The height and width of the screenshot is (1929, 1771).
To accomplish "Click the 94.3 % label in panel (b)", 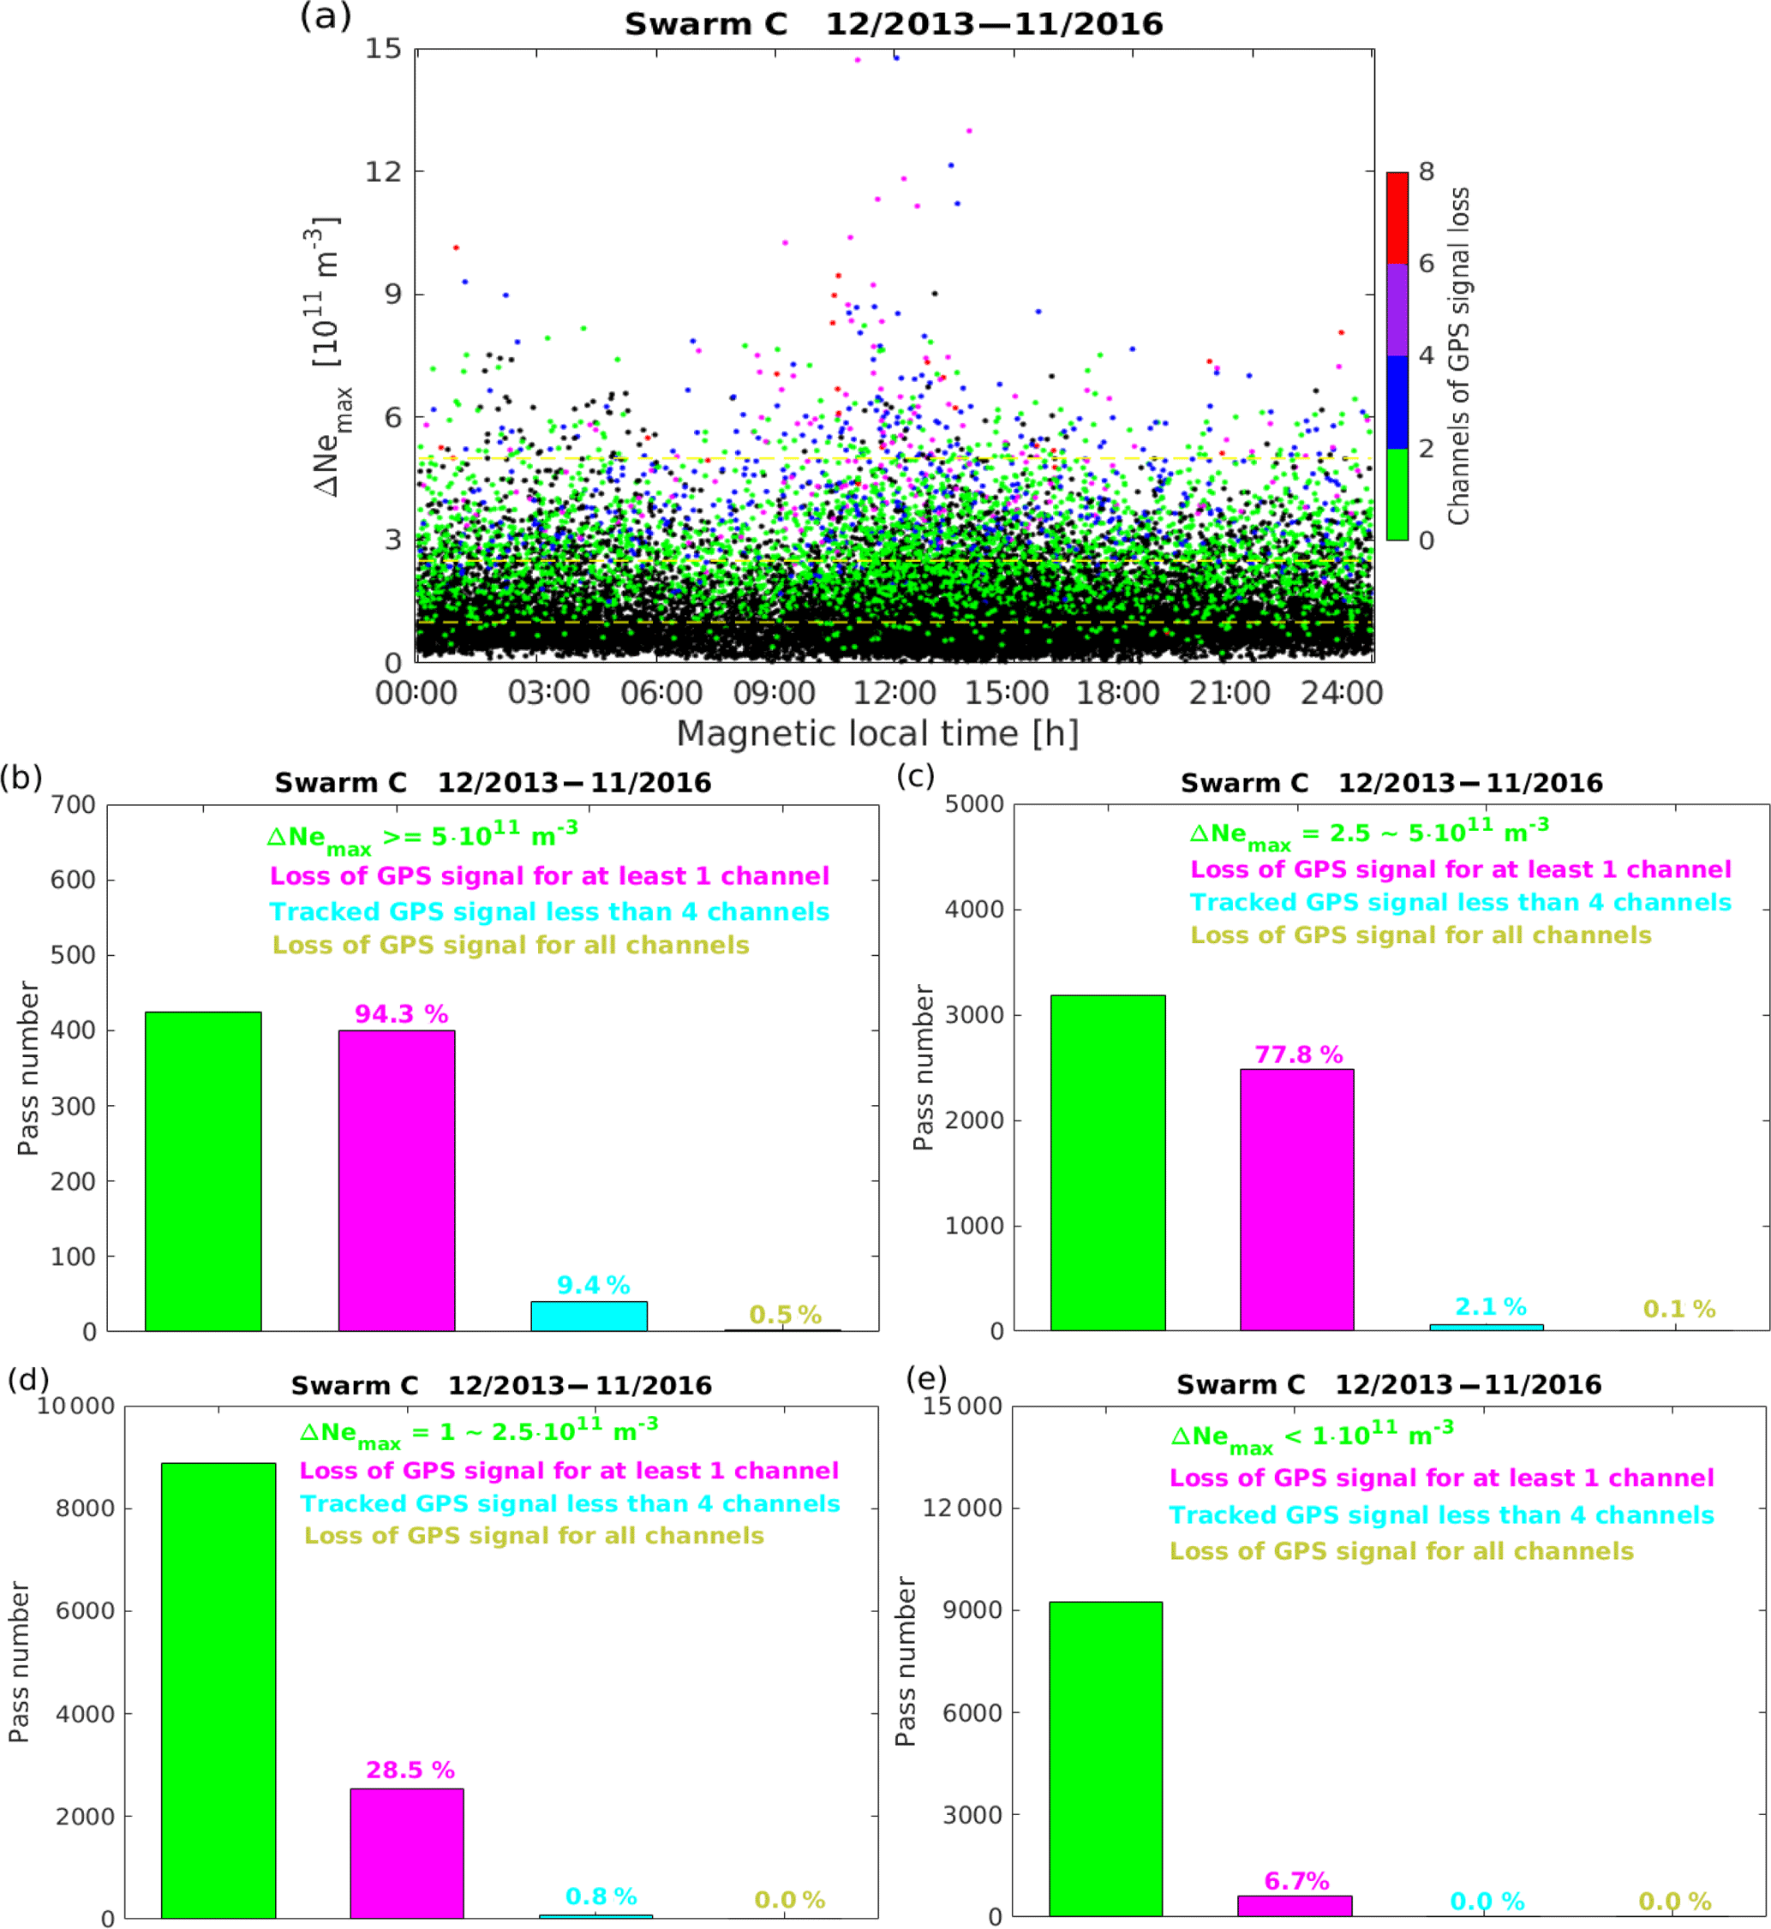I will (x=401, y=1014).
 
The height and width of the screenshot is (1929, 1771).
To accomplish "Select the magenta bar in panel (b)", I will (x=396, y=1179).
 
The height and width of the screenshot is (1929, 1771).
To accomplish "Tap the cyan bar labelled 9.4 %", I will (x=589, y=1315).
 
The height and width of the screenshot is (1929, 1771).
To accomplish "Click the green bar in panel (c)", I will (x=1107, y=1162).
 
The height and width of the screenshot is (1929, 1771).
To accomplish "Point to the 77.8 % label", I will (x=1299, y=1054).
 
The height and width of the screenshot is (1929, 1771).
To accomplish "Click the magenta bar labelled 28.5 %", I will (x=406, y=1853).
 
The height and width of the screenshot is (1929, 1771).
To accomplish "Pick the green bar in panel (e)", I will (x=1105, y=1759).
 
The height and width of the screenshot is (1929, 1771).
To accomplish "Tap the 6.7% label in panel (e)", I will (x=1295, y=1881).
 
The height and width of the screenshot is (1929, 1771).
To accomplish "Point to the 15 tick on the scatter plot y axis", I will (x=382, y=48).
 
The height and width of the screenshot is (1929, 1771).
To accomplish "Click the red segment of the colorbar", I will (x=1397, y=218).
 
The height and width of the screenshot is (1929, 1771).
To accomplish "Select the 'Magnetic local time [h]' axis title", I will (x=877, y=734).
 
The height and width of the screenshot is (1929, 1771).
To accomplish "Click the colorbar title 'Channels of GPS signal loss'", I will (x=1457, y=355).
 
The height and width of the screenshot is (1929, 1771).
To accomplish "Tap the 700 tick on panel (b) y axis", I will (x=73, y=805).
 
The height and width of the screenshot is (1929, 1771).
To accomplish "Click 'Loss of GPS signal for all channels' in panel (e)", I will (x=1401, y=1551).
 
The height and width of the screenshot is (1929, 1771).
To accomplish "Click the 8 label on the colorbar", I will (x=1426, y=171).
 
